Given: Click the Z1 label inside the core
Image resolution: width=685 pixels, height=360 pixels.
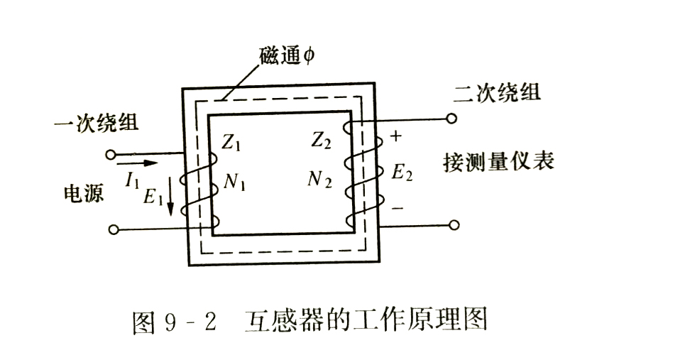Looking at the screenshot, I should point(232,142).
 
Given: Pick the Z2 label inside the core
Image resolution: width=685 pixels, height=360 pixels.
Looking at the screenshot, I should point(320,141).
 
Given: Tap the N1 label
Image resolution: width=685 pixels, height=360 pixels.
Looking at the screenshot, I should point(234,182).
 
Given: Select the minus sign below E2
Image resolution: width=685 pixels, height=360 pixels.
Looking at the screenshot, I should point(398,208).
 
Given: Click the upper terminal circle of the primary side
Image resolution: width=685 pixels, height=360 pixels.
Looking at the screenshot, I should point(110,153).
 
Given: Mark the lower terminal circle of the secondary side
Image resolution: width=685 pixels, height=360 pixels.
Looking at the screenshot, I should point(454,225).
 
